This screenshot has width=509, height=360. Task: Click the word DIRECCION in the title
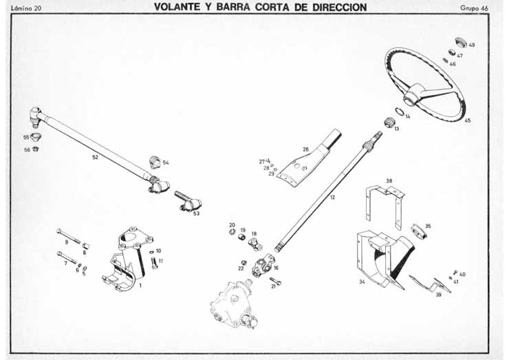340,7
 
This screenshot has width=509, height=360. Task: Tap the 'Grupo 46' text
474,8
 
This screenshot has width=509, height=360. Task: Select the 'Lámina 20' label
26,8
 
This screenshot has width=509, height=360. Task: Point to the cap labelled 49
461,42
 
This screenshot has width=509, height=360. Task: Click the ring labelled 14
399,112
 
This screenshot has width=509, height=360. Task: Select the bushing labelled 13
389,123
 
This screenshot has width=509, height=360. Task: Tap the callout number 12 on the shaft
332,197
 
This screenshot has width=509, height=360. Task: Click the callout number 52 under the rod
95,157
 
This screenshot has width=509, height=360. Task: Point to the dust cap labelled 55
36,137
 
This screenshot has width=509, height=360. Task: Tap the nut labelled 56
36,149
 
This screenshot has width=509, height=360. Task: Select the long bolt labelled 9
68,236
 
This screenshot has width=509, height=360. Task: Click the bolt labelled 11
154,263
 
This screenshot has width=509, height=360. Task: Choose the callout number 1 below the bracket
140,285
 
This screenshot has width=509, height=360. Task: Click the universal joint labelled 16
263,264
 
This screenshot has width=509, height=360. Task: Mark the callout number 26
305,149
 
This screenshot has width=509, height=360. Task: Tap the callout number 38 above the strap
389,180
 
